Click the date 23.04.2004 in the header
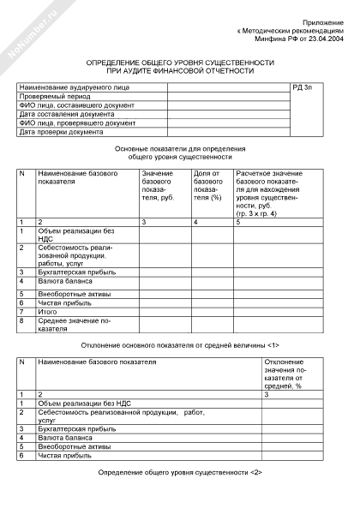pyautogui.click(x=325, y=39)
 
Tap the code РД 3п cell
pyautogui.click(x=303, y=88)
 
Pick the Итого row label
pyautogui.click(x=51, y=312)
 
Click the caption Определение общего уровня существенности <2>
pyautogui.click(x=180, y=473)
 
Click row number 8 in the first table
pyautogui.click(x=22, y=321)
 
